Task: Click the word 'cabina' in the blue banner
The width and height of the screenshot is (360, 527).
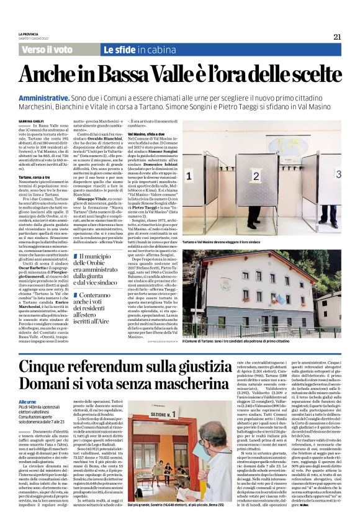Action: (160, 50)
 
